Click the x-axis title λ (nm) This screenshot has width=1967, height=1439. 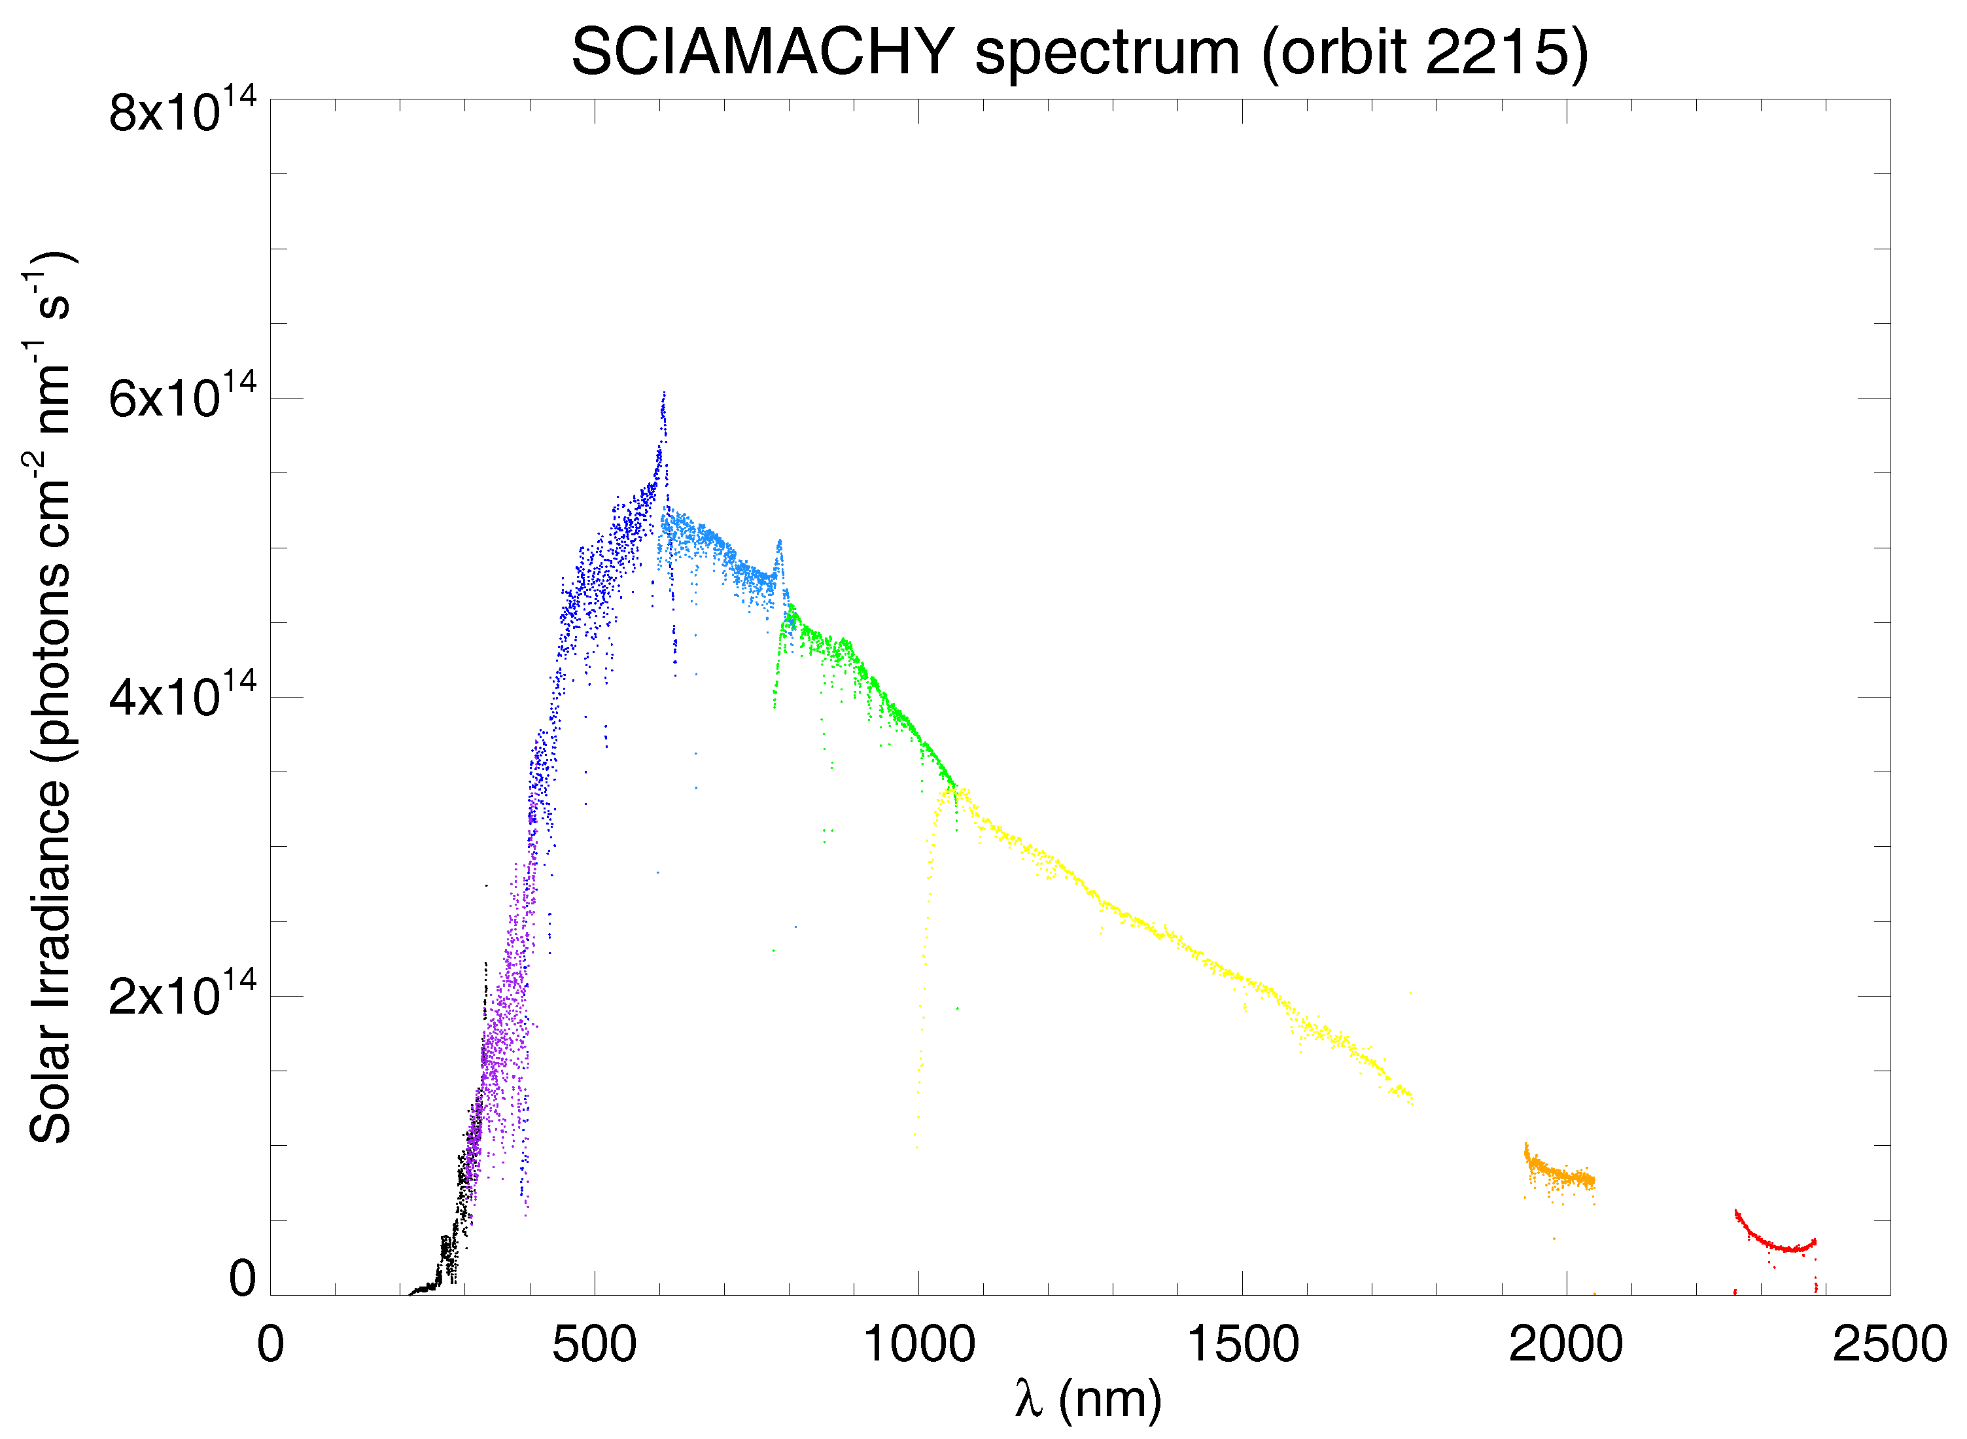[1088, 1400]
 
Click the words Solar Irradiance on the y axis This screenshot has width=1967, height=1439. [50, 958]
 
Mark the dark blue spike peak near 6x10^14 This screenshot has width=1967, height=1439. [663, 395]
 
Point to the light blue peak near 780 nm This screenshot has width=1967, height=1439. [779, 542]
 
